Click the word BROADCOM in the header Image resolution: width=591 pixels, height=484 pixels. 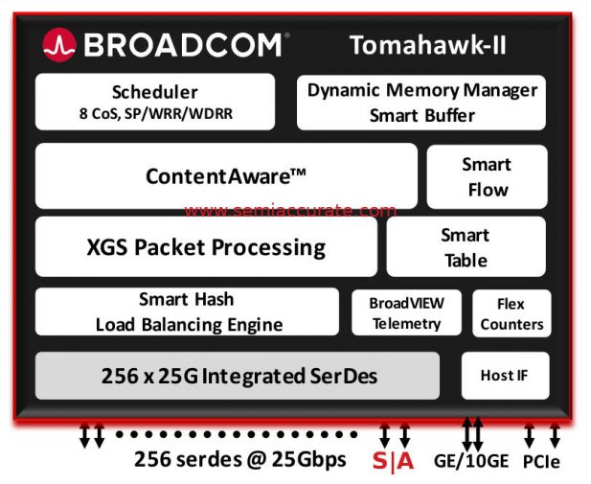[x=181, y=44]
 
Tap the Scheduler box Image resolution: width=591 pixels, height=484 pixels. [x=154, y=102]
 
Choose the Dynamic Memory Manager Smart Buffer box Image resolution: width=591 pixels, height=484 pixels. [x=421, y=103]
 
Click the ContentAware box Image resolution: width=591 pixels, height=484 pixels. [x=226, y=175]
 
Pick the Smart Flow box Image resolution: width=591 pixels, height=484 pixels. [x=487, y=176]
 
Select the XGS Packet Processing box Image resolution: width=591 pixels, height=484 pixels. [x=206, y=247]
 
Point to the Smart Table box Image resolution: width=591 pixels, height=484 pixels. [x=466, y=247]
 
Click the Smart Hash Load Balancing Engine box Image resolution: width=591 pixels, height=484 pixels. [x=187, y=311]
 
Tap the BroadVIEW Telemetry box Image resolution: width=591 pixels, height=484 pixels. [x=405, y=312]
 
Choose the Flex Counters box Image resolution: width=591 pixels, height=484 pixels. [x=511, y=313]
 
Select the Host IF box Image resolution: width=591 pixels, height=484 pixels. [x=505, y=376]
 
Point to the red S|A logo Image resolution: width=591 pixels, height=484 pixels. [x=393, y=460]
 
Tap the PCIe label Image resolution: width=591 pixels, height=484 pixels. [x=541, y=461]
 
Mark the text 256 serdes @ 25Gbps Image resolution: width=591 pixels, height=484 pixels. [x=239, y=459]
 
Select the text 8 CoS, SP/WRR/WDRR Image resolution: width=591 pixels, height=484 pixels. [x=155, y=114]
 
